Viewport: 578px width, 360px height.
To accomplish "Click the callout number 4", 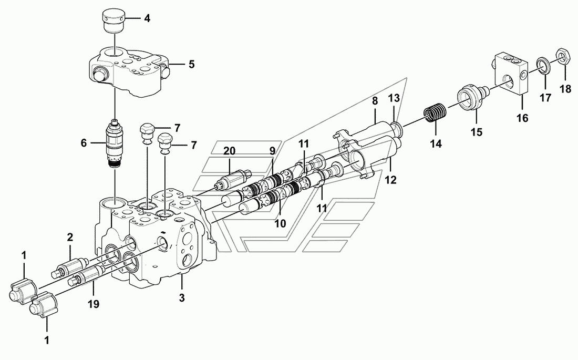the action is (x=147, y=18).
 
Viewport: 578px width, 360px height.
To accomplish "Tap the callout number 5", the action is (x=191, y=64).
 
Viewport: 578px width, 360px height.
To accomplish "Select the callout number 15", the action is (x=477, y=132).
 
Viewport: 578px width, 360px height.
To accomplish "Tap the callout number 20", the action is (x=229, y=151).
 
